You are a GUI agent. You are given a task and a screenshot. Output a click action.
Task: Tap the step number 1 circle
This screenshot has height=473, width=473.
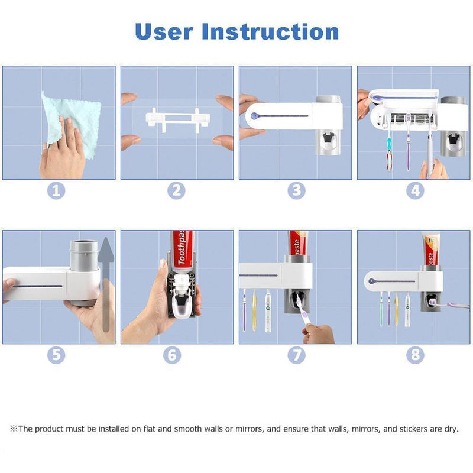(x=58, y=190)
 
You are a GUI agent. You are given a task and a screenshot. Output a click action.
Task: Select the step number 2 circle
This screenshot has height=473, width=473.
(x=176, y=190)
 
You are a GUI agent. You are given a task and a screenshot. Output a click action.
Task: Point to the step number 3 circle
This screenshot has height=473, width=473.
(x=296, y=190)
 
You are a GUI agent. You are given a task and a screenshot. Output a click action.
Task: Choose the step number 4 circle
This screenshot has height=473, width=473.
(x=415, y=190)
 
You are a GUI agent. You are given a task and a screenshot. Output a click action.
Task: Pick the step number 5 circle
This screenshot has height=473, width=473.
(x=58, y=355)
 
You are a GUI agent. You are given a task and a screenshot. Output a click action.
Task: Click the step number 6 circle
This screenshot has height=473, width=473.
(x=172, y=355)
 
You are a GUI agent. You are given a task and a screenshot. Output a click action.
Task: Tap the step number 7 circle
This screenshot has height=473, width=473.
(x=296, y=355)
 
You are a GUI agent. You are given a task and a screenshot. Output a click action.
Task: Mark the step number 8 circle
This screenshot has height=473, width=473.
(x=415, y=355)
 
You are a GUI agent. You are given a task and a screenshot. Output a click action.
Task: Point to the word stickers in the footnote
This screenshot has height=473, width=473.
(x=410, y=429)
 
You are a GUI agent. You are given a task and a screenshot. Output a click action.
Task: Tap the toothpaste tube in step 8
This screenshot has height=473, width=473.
(x=429, y=248)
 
